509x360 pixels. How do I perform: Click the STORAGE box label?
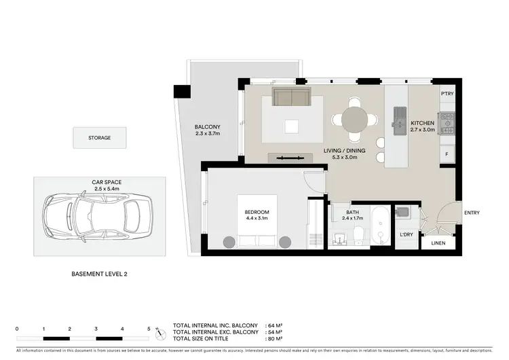(99, 138)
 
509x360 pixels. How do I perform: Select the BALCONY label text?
(208, 127)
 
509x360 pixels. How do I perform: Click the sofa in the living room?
(291, 97)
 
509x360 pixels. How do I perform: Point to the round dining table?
(355, 120)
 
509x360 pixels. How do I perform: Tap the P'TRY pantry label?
(447, 94)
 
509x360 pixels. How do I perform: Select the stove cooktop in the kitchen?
(447, 123)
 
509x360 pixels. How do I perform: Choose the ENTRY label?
(472, 213)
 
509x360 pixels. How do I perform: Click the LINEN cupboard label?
(438, 242)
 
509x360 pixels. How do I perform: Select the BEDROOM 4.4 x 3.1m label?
(257, 215)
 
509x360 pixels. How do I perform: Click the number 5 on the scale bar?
(149, 329)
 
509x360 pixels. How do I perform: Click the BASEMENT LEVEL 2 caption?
(99, 274)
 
